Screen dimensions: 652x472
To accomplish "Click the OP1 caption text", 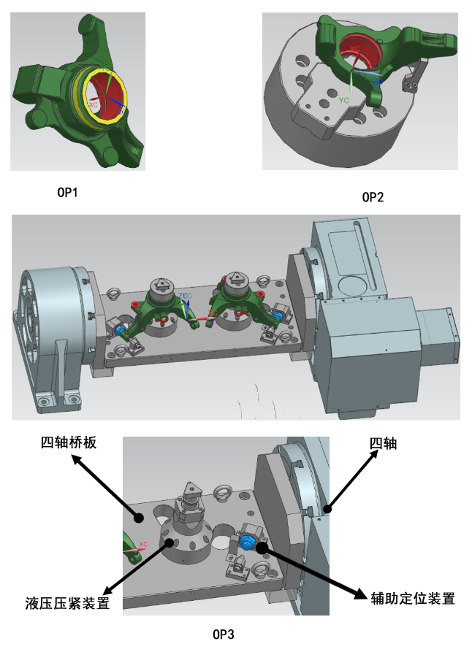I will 67,193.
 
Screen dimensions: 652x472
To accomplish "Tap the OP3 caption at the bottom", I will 225,634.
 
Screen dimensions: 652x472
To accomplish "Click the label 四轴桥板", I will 69,442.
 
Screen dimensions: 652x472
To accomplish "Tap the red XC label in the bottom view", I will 143,544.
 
